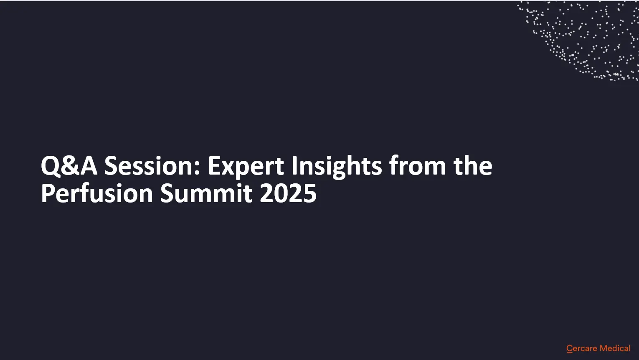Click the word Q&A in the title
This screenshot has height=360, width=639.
pos(69,166)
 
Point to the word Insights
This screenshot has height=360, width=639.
pos(337,167)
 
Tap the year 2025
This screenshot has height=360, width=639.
pos(288,193)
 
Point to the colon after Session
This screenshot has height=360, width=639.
pos(198,168)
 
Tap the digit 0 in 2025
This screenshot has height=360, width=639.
pos(281,193)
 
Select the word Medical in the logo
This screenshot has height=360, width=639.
pos(615,348)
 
